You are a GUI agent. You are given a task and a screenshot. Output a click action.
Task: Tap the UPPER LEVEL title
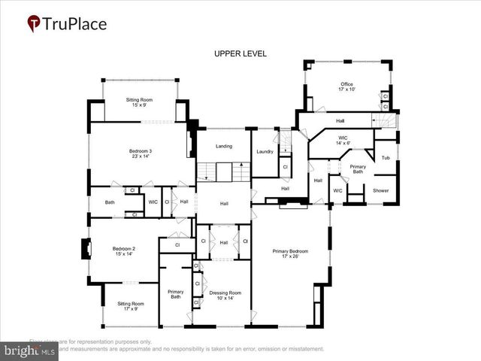pos(240,53)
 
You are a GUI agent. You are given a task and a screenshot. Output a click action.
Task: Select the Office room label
pos(346,86)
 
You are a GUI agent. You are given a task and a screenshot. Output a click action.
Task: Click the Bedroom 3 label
pos(140,154)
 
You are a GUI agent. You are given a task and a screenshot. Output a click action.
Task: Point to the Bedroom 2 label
pos(123,252)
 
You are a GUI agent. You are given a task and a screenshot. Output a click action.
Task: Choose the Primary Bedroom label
pos(289,255)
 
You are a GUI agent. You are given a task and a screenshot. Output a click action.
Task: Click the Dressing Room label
pos(225,296)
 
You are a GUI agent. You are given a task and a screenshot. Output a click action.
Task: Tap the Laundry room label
pos(265,152)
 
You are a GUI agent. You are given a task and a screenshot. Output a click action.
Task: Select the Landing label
pos(224,146)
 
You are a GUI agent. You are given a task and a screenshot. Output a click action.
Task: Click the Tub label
pos(386,158)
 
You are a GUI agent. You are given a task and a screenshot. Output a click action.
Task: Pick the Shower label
pos(381,190)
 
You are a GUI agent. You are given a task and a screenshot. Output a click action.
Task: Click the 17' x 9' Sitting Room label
pos(129,306)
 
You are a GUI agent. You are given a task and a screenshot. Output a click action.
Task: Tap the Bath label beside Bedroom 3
pos(110,202)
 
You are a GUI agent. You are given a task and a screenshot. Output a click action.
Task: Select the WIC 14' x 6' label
pos(343,141)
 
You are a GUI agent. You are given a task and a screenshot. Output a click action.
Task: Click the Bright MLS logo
pos(29,350)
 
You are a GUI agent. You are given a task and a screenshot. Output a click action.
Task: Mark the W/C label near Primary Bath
pos(337,190)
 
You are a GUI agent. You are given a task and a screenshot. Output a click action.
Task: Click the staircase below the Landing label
pos(223,171)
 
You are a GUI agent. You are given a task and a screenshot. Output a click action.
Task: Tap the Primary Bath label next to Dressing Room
pos(176,294)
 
